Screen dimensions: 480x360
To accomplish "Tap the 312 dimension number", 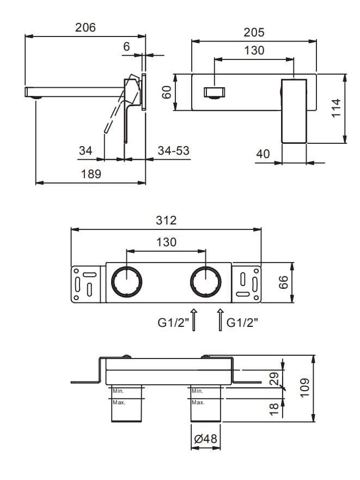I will (166, 220).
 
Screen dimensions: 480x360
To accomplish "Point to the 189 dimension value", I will (90, 174).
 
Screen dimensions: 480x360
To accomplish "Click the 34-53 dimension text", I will (173, 150).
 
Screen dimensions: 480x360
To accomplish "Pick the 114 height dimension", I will (335, 109).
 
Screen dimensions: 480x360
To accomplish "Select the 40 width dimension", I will (263, 154).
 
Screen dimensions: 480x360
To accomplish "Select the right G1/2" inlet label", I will (242, 323).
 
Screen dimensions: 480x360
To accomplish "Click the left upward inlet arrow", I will (195, 319).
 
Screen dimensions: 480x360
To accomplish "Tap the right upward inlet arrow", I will (219, 319).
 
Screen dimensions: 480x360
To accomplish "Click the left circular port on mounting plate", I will (126, 283).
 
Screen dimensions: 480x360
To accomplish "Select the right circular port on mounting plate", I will (205, 283).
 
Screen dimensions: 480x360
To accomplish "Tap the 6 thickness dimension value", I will (127, 47).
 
